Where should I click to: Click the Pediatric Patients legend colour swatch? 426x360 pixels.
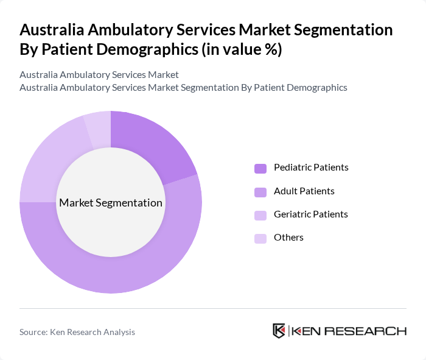[x=260, y=168]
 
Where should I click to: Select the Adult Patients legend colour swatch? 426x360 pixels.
[x=260, y=192]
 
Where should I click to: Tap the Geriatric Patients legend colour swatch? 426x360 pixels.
[x=260, y=215]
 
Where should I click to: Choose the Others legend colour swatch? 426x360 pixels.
[x=260, y=238]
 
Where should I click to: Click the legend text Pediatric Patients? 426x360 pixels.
[x=311, y=168]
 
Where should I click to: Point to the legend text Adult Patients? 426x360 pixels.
[x=304, y=191]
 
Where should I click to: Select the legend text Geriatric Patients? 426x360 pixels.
[x=310, y=214]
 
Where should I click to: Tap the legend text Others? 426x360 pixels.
[x=288, y=238]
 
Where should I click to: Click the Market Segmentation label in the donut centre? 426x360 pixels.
[x=111, y=203]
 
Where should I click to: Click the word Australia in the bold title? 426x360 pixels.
[x=54, y=30]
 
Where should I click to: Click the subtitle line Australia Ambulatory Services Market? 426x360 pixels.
[x=99, y=74]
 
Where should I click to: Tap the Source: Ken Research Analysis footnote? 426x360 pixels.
[x=77, y=332]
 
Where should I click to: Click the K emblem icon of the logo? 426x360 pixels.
[x=279, y=331]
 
